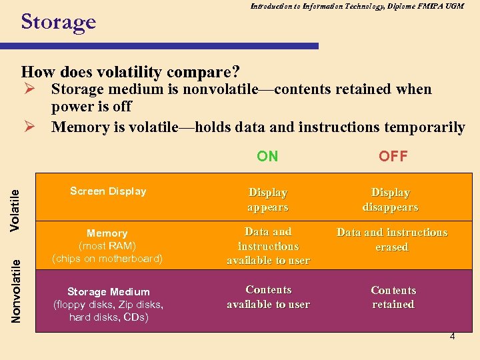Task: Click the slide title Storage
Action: (59, 22)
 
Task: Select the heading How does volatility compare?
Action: (131, 71)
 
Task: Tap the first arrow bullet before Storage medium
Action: (28, 89)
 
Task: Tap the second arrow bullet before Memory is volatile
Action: (28, 127)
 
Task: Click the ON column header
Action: (267, 157)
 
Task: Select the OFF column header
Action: (393, 157)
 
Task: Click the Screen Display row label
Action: (108, 191)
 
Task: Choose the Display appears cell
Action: (267, 200)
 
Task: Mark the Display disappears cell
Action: (391, 200)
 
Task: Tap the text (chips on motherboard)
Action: (107, 259)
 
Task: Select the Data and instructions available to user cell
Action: (268, 246)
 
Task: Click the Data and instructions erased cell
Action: (392, 239)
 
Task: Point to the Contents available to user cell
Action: (268, 297)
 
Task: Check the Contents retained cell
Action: (393, 297)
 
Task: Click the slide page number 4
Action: (452, 337)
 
